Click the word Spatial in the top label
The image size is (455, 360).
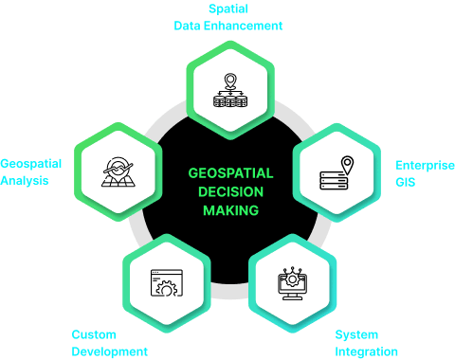point(227,9)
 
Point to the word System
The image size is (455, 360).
point(355,334)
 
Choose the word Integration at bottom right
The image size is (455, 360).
point(366,351)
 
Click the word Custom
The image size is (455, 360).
point(94,334)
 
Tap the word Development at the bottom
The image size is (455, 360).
point(109,351)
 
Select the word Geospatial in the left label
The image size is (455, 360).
point(30,163)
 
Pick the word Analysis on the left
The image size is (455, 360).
point(25,180)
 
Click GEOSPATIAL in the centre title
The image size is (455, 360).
point(230,173)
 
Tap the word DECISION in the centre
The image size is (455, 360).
point(230,190)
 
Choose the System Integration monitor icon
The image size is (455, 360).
point(294,284)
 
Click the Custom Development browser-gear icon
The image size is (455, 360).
point(166,280)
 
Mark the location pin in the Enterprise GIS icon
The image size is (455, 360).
point(347,165)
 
